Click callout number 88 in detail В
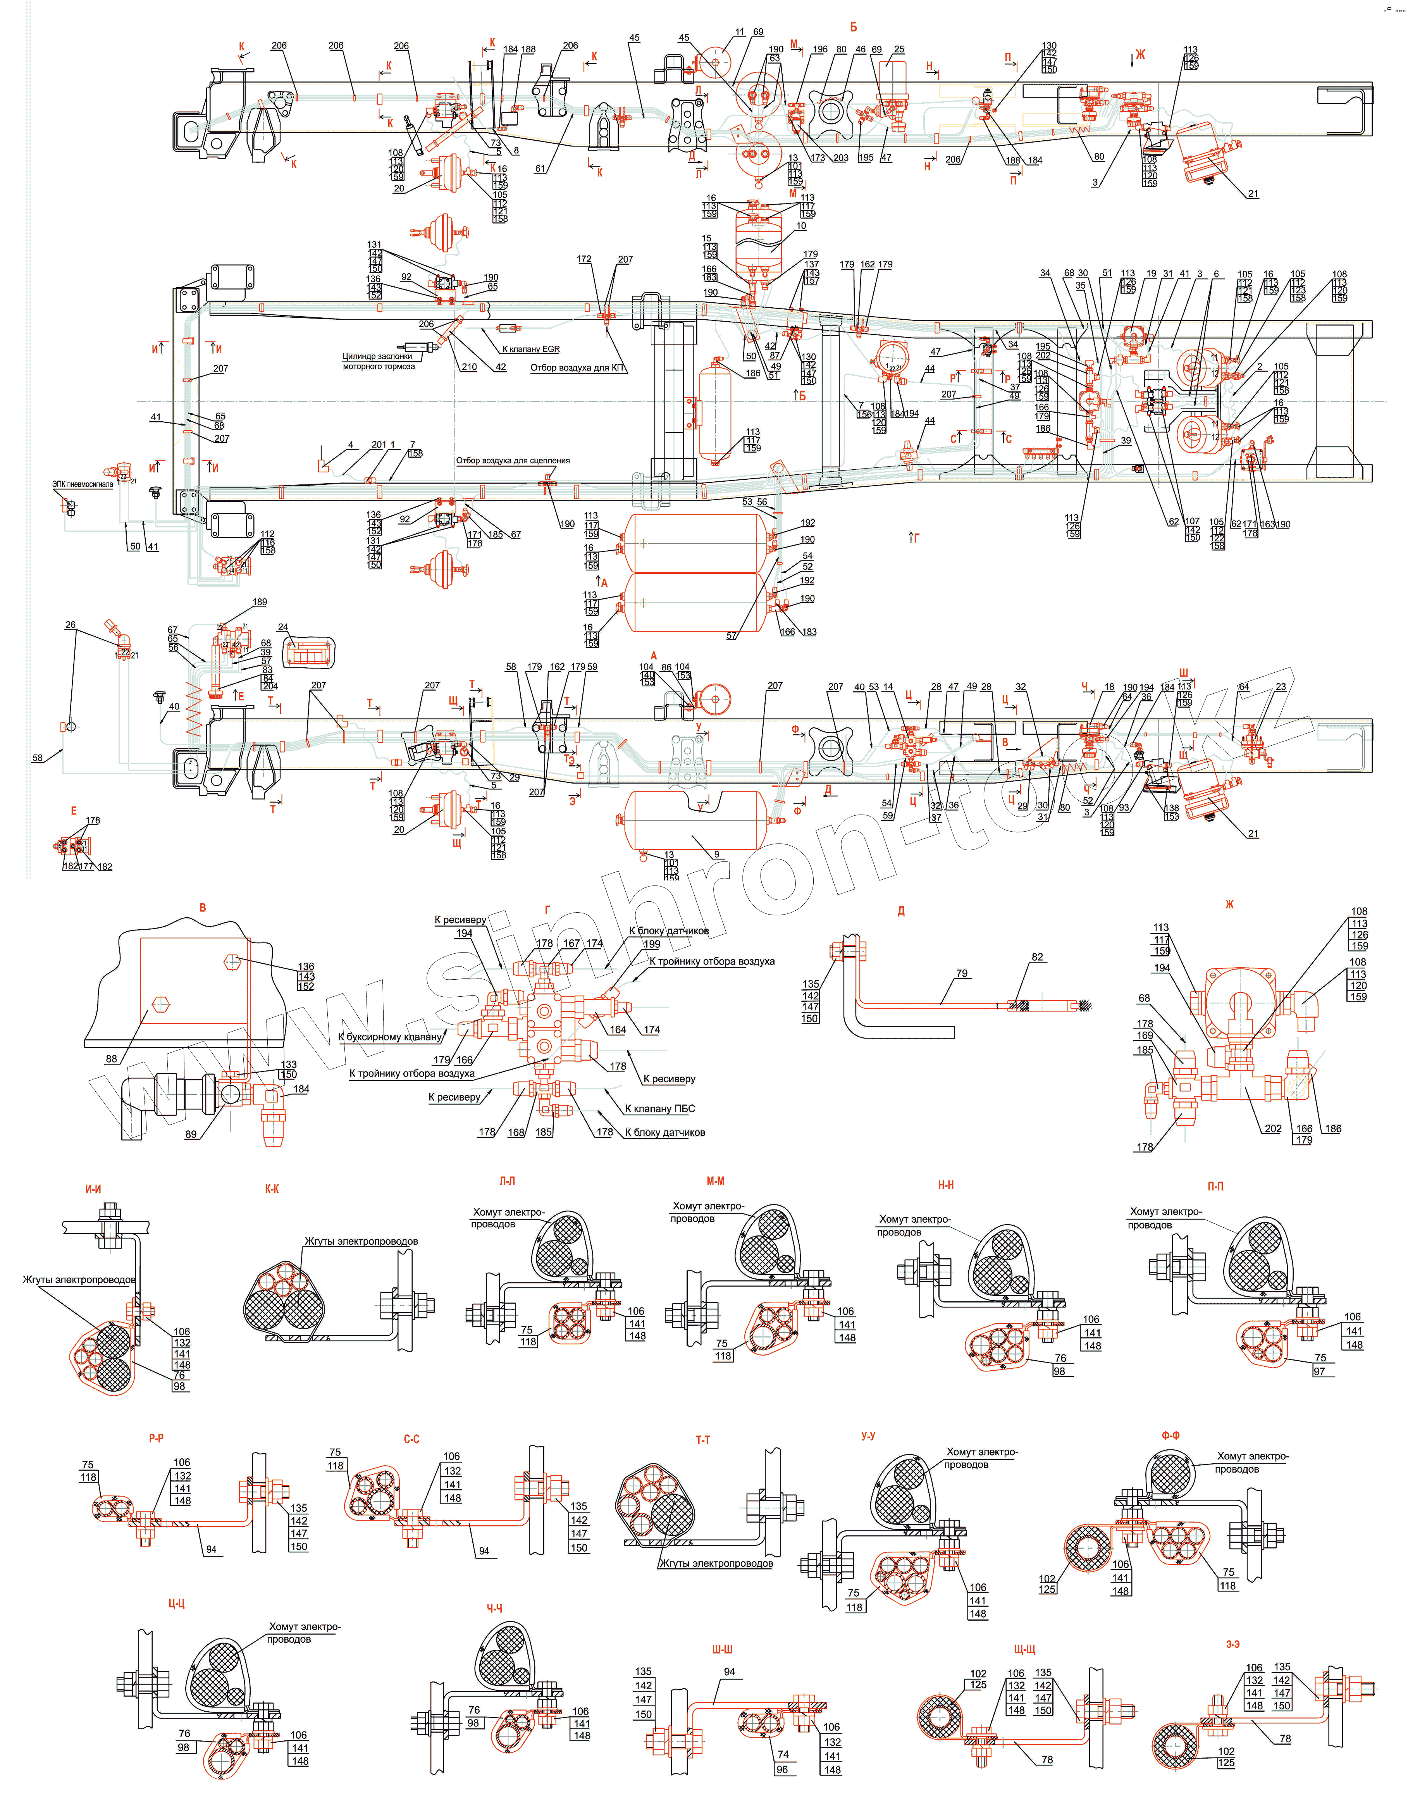click(x=111, y=1059)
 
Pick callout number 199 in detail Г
click(x=652, y=944)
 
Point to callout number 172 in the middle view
click(x=584, y=259)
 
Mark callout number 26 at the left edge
click(x=70, y=625)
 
